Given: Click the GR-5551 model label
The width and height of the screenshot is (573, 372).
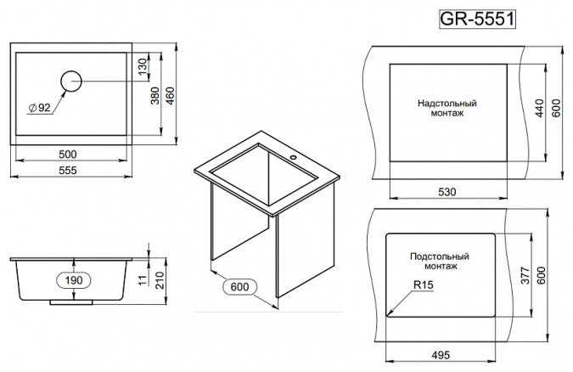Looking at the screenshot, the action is click(x=477, y=19).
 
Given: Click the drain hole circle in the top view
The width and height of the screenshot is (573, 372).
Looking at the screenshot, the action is click(x=71, y=81).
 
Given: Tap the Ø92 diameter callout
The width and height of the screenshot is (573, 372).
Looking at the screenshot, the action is click(x=39, y=108).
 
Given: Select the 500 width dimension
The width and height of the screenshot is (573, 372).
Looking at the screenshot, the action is click(x=68, y=155).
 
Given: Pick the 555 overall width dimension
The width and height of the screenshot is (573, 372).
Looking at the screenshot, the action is click(x=68, y=171).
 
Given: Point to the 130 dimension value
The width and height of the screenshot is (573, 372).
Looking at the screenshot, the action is click(x=143, y=65).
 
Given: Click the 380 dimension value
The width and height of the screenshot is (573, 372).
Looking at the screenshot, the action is click(x=155, y=95).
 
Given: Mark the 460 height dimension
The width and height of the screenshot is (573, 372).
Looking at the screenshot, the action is click(x=171, y=95).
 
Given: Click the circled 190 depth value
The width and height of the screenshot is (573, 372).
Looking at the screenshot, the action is click(x=74, y=280).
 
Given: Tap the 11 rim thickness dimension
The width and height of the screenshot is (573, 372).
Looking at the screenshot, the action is click(x=143, y=280).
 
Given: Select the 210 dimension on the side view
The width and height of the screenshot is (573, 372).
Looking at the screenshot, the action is click(x=160, y=280).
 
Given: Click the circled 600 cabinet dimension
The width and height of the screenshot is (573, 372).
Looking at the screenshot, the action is click(x=239, y=287).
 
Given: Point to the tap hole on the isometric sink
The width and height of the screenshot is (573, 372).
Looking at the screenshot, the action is click(x=293, y=158).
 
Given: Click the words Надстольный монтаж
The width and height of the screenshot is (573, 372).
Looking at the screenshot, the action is click(x=447, y=108).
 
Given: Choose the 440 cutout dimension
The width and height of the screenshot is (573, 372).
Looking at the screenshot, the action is click(x=540, y=108).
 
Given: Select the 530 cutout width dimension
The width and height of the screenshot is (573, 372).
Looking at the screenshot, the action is click(x=447, y=192).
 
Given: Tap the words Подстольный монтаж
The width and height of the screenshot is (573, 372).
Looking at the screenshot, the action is click(x=440, y=262).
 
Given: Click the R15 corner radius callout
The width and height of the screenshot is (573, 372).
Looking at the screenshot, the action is click(x=424, y=285).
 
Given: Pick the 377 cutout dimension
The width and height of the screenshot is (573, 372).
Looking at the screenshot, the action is click(x=525, y=275).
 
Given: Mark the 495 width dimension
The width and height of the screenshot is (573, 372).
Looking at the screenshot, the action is click(x=441, y=355).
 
